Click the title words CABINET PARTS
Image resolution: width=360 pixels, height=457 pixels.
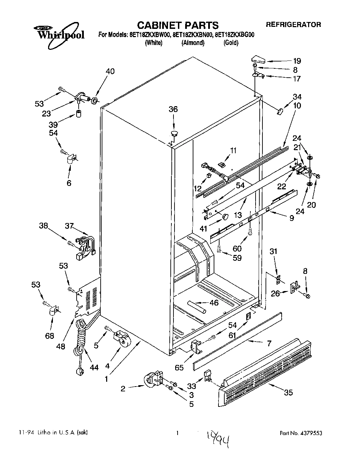(178, 25)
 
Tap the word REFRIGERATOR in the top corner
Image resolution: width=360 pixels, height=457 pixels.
(293, 25)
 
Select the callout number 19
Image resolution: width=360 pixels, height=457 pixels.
(297, 61)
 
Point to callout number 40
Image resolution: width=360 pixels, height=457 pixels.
(110, 71)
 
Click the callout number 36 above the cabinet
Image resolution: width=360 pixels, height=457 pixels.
(173, 109)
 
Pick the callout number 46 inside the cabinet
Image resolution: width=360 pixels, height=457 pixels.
(214, 303)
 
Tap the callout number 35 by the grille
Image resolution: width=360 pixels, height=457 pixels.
(288, 392)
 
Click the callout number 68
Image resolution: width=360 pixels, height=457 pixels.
(49, 336)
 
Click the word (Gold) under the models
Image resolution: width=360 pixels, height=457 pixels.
(230, 43)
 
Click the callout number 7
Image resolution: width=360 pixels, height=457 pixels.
(269, 343)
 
